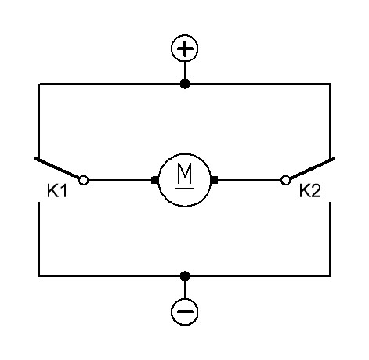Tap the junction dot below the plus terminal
pyautogui.click(x=185, y=84)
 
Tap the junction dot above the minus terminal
pyautogui.click(x=185, y=276)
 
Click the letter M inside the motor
pyautogui.click(x=185, y=173)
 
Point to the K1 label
pyautogui.click(x=57, y=191)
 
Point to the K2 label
pyautogui.click(x=310, y=191)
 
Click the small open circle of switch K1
pyautogui.click(x=84, y=180)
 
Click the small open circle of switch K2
pyautogui.click(x=285, y=180)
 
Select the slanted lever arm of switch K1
pyautogui.click(x=57, y=168)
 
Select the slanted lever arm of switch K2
pyautogui.click(x=312, y=168)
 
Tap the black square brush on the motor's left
pyautogui.click(x=155, y=180)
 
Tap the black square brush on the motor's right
pyautogui.click(x=214, y=180)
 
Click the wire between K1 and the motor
pyautogui.click(x=120, y=180)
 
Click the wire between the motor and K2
pyautogui.click(x=249, y=180)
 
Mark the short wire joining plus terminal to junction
pyautogui.click(x=185, y=70)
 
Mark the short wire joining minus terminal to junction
pyautogui.click(x=185, y=290)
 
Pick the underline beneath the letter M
pyautogui.click(x=185, y=188)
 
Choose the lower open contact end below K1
pyautogui.click(x=39, y=202)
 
